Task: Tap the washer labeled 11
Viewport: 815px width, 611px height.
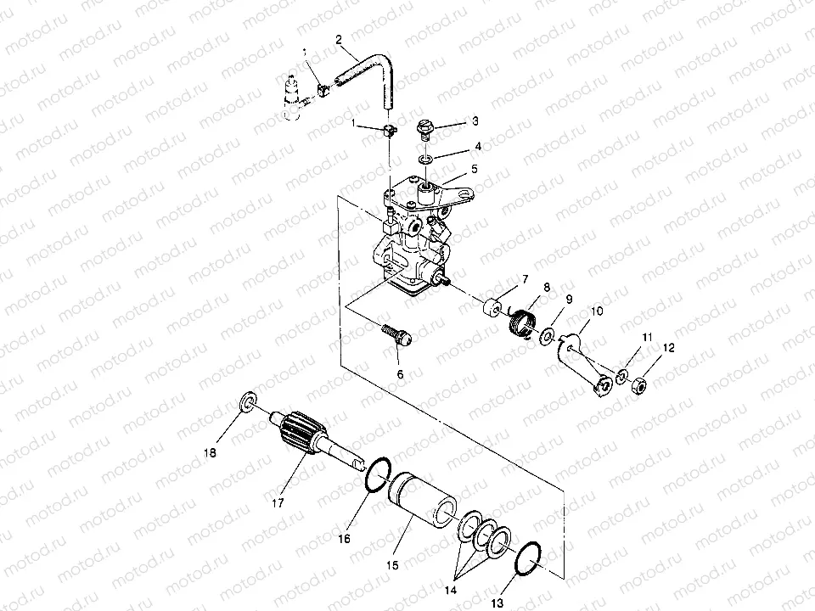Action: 623,376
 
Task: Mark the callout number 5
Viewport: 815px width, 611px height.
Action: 474,169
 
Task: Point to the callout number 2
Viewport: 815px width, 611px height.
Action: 339,39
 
